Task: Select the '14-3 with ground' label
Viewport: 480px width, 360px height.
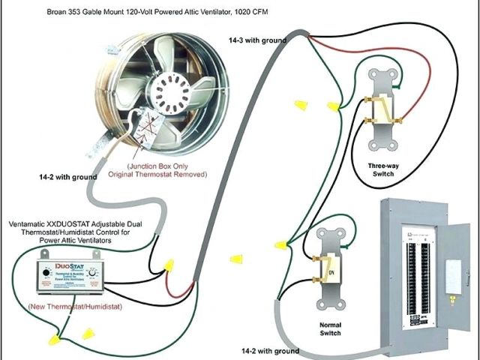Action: (x=258, y=39)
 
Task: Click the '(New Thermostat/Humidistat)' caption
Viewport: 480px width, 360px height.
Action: (x=74, y=307)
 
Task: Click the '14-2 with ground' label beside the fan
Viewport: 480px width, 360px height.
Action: (x=68, y=176)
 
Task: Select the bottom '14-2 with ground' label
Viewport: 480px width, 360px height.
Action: (x=270, y=350)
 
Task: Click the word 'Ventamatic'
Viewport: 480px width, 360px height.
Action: (x=29, y=224)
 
